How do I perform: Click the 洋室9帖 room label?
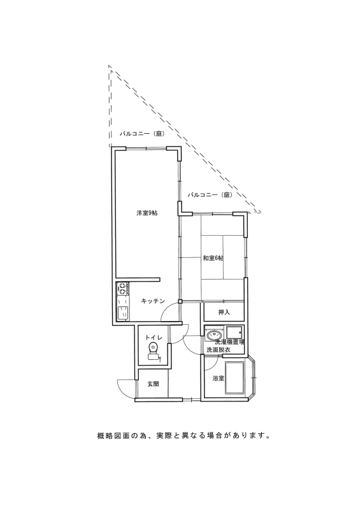(147, 213)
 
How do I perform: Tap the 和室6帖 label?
(213, 258)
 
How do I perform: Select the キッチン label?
(153, 301)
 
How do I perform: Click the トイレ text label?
(154, 337)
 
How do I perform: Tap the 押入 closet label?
(224, 312)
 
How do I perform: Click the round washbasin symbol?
(213, 334)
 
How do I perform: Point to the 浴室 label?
(219, 378)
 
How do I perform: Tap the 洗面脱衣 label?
(219, 350)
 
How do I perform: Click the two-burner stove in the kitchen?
(123, 288)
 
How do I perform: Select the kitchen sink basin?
(123, 313)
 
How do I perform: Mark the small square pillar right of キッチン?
(180, 301)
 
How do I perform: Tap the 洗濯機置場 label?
(230, 342)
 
